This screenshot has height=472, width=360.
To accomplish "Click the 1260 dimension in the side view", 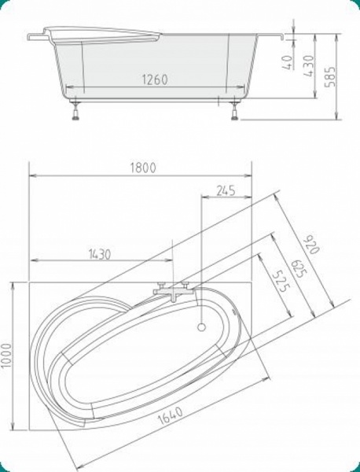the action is click(x=155, y=79).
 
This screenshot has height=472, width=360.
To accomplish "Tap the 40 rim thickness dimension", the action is click(x=288, y=62).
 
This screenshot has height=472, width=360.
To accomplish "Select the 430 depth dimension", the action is click(x=309, y=65).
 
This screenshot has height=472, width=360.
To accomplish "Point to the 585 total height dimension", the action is click(x=330, y=76).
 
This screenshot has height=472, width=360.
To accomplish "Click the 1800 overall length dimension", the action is click(x=143, y=168).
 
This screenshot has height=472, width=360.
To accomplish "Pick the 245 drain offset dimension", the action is click(x=226, y=190).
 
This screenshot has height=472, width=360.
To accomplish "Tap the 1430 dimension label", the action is click(x=100, y=254).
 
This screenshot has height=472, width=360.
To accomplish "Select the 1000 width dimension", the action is click(x=6, y=356).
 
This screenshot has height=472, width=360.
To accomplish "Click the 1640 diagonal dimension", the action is click(x=171, y=415).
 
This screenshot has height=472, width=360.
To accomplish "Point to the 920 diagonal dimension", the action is click(x=311, y=243).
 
